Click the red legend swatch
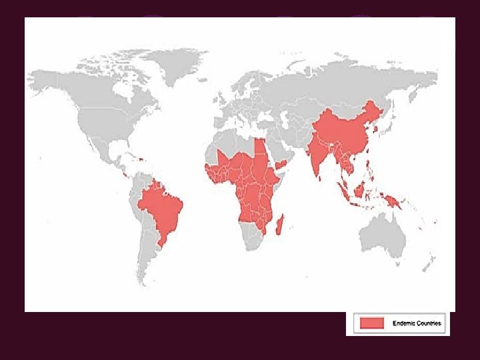click(372, 323)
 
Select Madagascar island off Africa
click(281, 222)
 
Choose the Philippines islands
click(374, 167)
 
